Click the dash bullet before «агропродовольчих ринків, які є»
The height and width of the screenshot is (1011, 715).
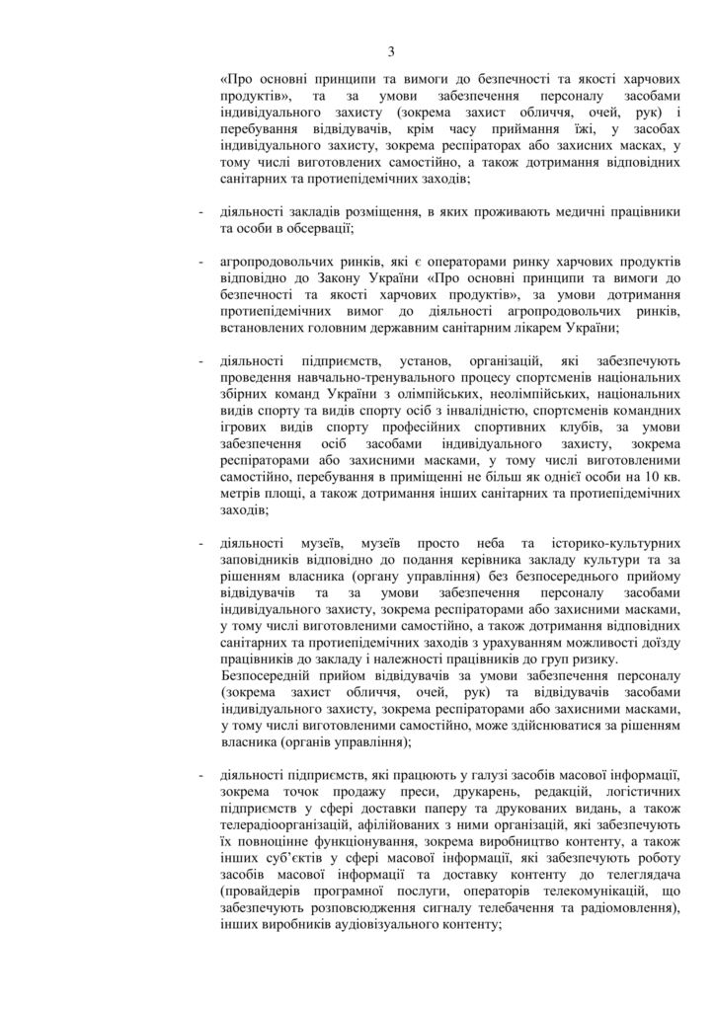point(202,261)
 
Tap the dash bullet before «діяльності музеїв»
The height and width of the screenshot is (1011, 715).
point(202,544)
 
